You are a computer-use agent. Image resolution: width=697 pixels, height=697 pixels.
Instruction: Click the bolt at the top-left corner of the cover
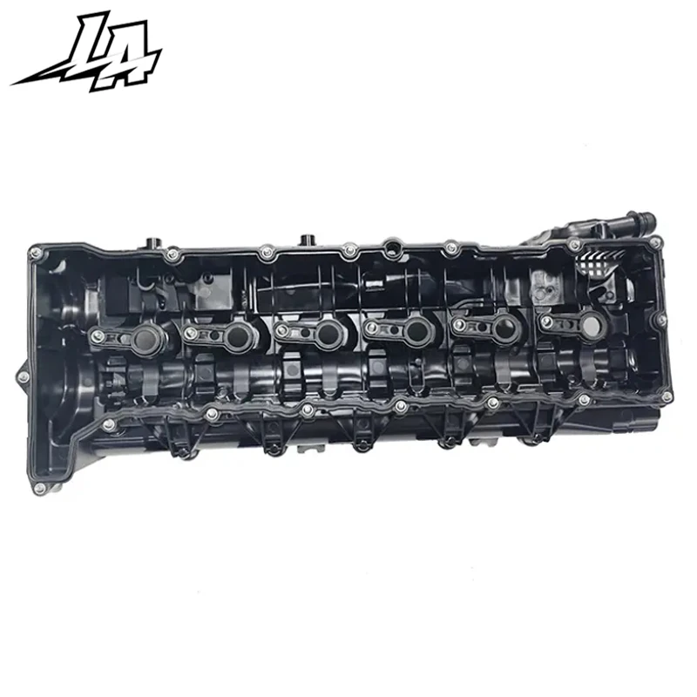click(36, 254)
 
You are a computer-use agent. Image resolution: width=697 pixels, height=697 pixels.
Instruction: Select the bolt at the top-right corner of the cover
click(575, 246)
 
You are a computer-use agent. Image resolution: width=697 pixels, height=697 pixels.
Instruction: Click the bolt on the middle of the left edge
click(24, 376)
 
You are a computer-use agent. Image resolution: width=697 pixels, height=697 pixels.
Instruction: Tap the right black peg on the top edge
click(306, 239)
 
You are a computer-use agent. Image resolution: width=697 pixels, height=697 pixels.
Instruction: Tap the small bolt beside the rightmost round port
click(546, 323)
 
